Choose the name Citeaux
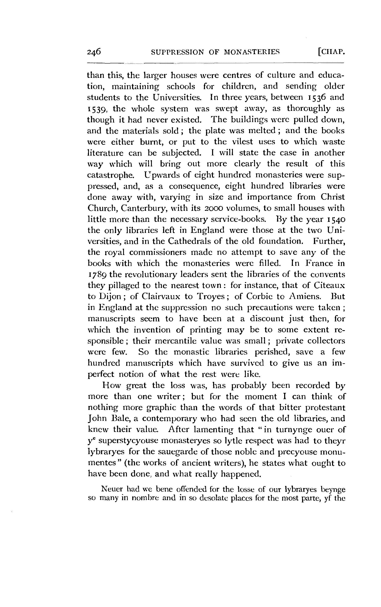tap(329, 286)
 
